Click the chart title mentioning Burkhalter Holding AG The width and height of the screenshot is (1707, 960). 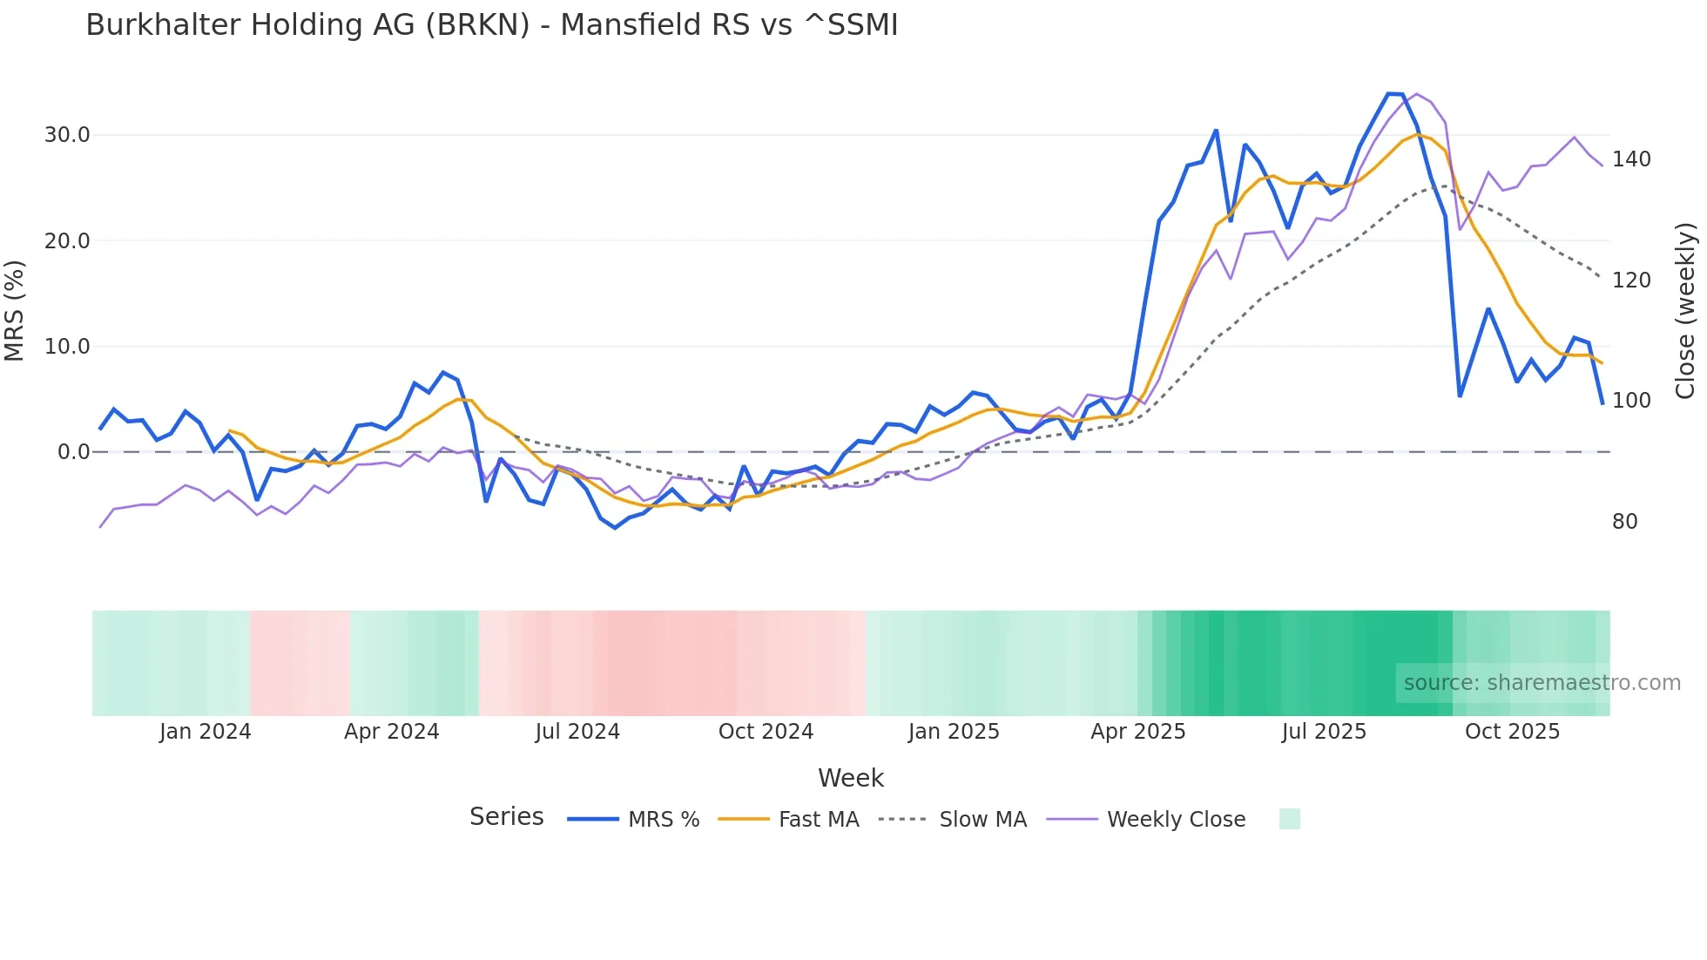tap(491, 25)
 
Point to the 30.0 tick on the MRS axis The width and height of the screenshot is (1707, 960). tap(67, 135)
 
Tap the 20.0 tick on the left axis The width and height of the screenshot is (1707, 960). tap(67, 241)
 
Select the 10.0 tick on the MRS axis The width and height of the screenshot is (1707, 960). tap(67, 347)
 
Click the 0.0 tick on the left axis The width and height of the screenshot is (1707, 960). tap(73, 452)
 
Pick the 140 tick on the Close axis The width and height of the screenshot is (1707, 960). tap(1630, 159)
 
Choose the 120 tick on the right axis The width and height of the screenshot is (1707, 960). tap(1630, 281)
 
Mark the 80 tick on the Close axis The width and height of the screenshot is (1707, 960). tap(1624, 522)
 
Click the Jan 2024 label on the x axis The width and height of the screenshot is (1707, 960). tap(205, 732)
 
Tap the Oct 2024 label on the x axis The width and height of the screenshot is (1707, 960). tap(766, 732)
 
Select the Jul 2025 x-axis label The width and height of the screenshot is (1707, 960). tap(1324, 732)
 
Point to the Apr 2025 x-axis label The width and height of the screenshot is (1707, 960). tap(1137, 732)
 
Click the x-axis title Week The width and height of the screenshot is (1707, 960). tap(851, 778)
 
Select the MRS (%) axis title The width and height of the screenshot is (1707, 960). tap(15, 310)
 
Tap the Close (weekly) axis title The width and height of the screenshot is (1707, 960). tap(1685, 310)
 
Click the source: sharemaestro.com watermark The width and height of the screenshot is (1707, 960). tap(1542, 683)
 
